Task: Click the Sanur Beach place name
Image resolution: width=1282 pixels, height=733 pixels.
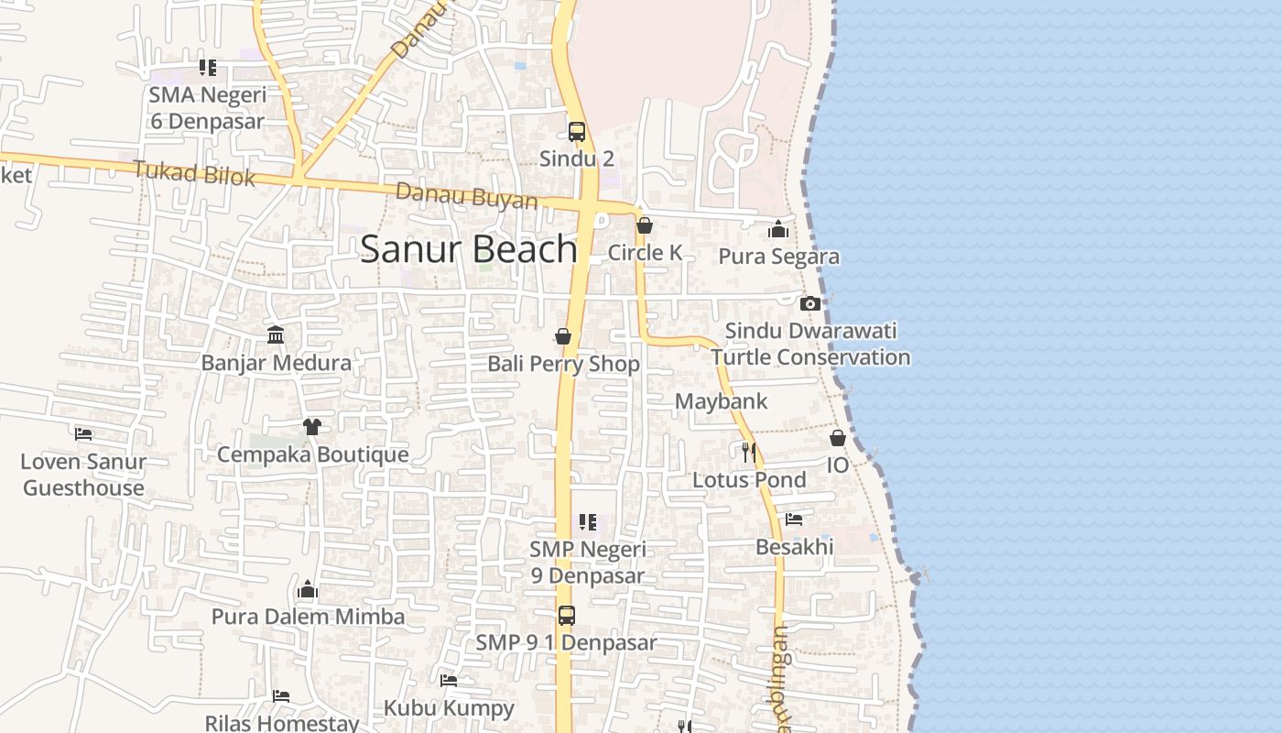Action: point(468,249)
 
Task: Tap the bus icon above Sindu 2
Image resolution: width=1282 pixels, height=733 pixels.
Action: point(576,132)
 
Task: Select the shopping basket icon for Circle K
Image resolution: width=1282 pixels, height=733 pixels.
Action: point(645,225)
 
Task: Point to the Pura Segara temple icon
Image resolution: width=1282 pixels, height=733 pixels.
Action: point(778,229)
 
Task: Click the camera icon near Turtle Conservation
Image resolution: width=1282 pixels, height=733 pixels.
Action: point(809,303)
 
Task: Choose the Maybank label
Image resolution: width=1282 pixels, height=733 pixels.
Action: point(721,401)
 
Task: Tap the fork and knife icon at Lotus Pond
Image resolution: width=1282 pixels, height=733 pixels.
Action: point(748,452)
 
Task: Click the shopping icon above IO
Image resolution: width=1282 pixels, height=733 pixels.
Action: point(837,438)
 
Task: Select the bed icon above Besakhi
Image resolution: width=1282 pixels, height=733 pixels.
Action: point(794,520)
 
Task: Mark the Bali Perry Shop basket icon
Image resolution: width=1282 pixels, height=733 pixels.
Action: point(563,336)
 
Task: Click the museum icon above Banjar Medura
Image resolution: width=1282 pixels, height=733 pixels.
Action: point(276,334)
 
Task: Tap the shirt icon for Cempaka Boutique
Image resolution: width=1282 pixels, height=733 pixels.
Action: point(312,427)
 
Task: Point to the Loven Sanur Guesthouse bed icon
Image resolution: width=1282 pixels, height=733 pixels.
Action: point(83,433)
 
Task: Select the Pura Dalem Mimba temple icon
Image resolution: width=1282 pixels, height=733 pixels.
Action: point(308,589)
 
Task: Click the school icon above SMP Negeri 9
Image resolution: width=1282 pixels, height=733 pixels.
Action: point(587,522)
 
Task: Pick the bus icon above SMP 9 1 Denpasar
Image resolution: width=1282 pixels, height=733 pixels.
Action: point(567,616)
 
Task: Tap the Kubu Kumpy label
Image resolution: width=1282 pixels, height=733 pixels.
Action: point(449,707)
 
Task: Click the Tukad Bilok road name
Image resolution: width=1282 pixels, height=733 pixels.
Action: point(194,172)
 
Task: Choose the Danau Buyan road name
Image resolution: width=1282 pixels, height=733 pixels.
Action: point(466,196)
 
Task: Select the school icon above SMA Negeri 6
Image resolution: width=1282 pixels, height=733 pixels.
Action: point(208,68)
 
